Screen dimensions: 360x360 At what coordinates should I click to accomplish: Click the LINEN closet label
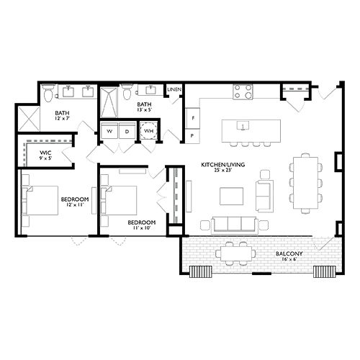pos(174,90)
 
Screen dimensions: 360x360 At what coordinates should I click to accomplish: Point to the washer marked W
pos(109,132)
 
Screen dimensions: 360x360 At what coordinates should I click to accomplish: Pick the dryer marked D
pos(126,132)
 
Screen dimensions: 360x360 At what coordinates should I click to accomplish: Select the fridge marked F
pos(193,117)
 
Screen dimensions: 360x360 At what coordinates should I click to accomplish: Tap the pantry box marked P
pos(193,135)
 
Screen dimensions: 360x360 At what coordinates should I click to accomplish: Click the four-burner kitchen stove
pos(243,92)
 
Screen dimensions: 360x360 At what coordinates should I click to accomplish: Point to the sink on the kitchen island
pos(243,125)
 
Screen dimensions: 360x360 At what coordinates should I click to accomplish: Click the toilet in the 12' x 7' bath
pos(48,93)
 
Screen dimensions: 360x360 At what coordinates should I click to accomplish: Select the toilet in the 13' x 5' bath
pos(127,92)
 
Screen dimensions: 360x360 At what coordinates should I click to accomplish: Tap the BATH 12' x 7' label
pos(63,114)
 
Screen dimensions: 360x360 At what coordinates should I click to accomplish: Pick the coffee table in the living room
pos(231,197)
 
